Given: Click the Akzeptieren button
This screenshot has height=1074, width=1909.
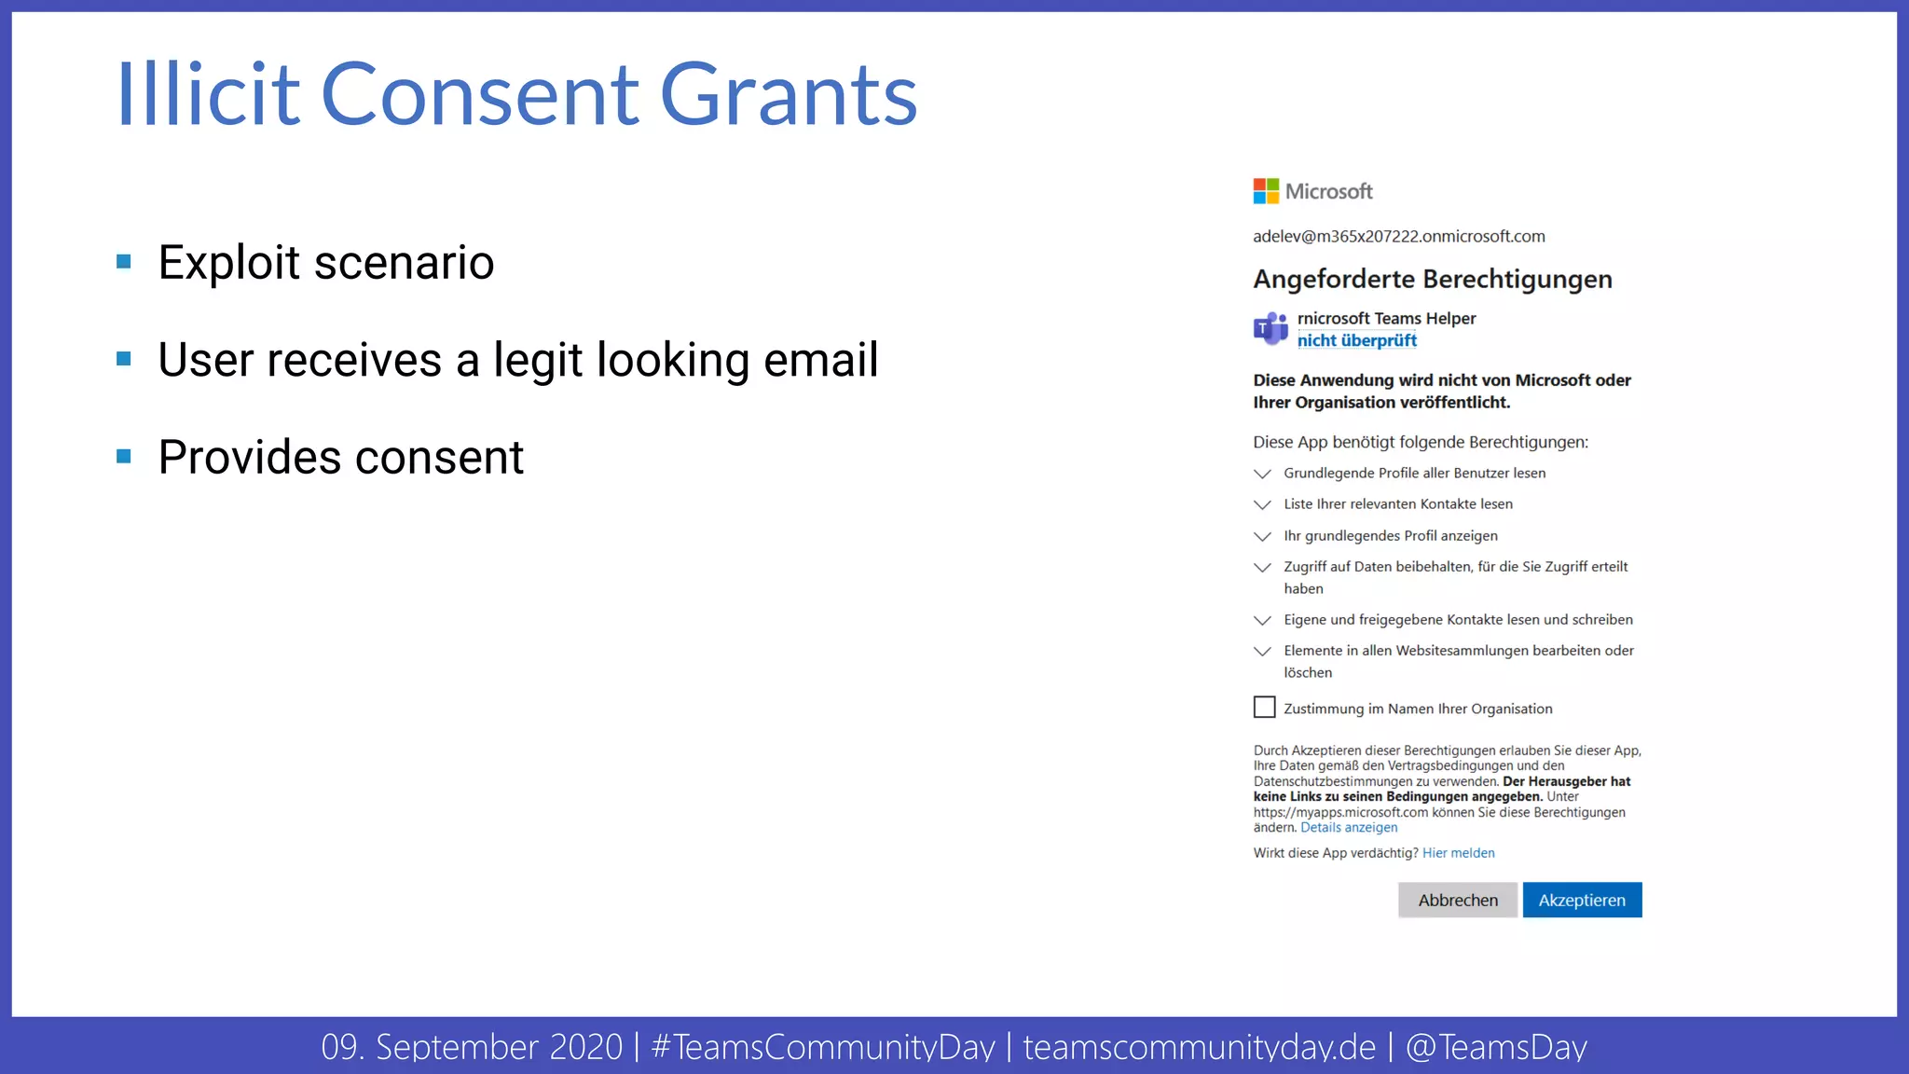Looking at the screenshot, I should [x=1582, y=900].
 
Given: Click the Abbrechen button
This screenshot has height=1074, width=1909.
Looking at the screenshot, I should [x=1458, y=900].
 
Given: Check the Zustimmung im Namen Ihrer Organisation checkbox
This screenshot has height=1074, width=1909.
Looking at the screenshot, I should [x=1264, y=708].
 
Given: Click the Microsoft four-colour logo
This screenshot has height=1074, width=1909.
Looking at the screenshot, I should [x=1266, y=191].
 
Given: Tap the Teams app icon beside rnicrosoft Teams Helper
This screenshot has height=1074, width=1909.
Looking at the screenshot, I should [x=1270, y=328].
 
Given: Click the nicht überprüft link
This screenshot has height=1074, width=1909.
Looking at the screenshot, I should [x=1356, y=340].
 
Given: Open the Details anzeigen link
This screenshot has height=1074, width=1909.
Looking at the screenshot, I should [x=1349, y=828].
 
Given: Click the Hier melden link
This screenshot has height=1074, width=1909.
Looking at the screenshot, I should [x=1458, y=853].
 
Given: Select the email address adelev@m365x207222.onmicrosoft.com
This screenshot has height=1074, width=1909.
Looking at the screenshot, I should [x=1398, y=237].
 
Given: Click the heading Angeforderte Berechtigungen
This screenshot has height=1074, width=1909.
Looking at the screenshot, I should [x=1432, y=279].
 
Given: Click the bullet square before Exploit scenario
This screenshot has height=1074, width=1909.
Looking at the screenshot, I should [x=124, y=262].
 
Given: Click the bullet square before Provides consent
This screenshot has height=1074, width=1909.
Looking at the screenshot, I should [x=124, y=457].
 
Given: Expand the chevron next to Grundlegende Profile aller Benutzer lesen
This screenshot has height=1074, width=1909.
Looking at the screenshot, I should [x=1262, y=474].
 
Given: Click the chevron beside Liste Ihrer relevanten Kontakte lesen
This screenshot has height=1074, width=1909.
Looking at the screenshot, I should [x=1262, y=504].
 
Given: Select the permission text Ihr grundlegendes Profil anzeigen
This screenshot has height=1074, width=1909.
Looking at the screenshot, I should [x=1391, y=535].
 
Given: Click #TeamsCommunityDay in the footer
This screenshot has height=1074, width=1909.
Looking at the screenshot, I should [x=823, y=1047].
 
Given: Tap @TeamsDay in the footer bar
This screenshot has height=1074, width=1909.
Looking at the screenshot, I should [x=1495, y=1047].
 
